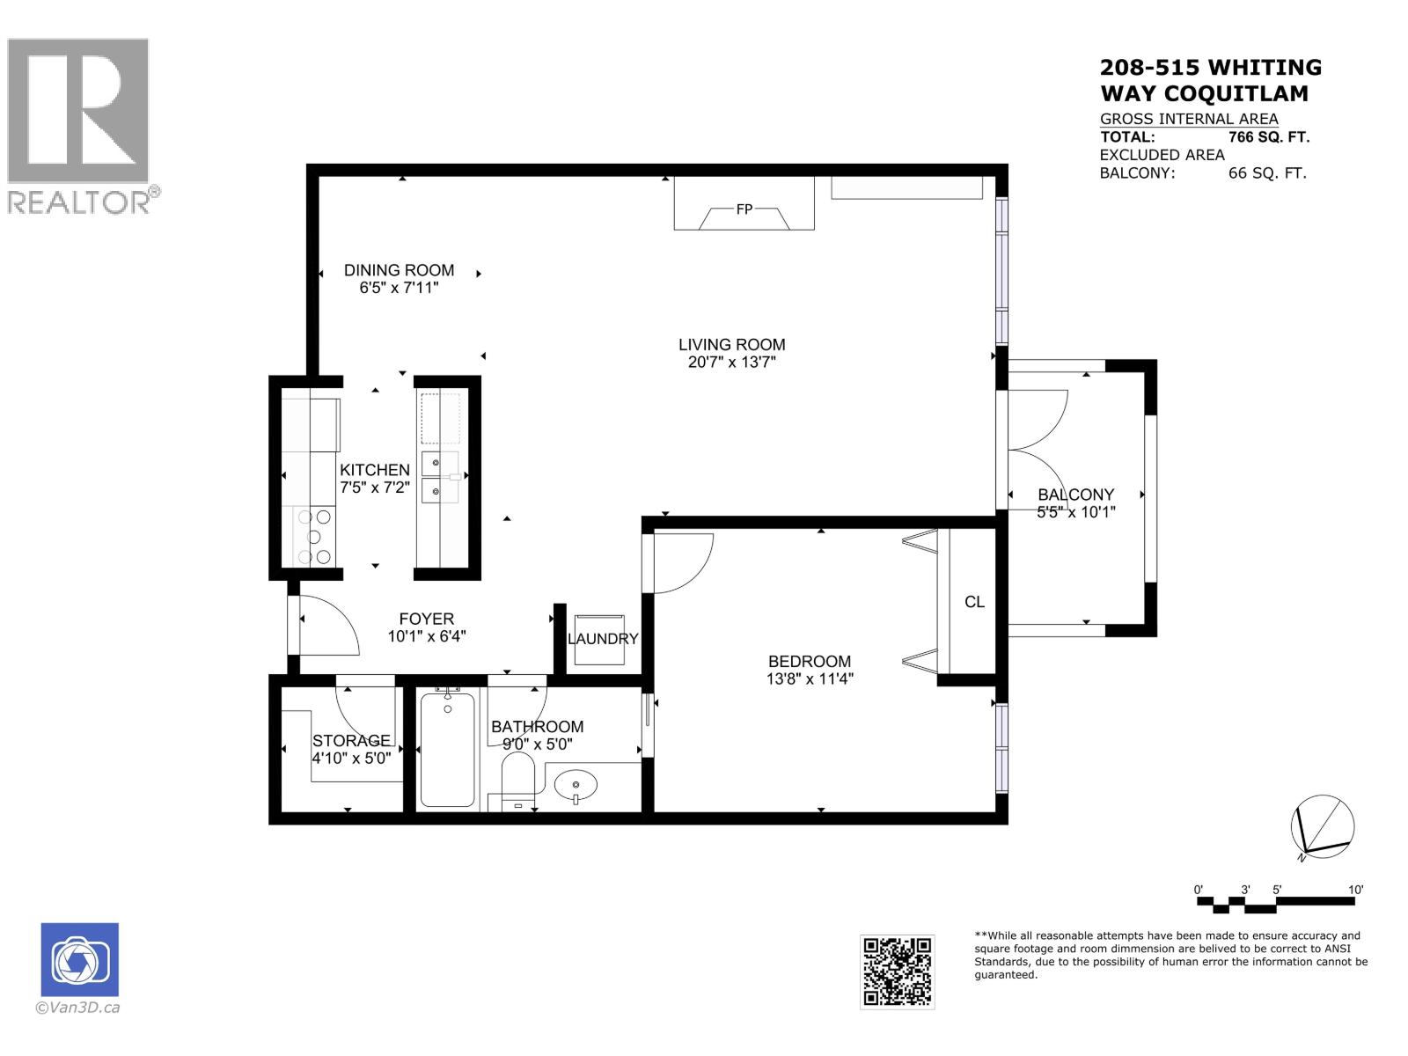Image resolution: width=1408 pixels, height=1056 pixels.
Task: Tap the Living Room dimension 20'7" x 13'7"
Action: [x=731, y=362]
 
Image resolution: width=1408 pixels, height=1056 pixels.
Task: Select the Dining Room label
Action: [x=399, y=270]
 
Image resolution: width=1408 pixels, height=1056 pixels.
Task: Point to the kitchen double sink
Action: [x=438, y=476]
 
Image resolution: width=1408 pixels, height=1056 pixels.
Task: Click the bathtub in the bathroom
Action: [x=447, y=750]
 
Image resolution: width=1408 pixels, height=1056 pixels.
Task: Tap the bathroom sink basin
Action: [x=576, y=782]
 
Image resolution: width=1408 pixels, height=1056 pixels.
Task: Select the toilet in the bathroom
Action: [x=517, y=783]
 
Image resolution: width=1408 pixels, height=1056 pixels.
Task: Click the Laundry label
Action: [x=602, y=639]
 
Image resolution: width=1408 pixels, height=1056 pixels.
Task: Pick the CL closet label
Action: [x=974, y=602]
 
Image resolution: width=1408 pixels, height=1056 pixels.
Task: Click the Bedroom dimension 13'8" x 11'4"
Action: [x=810, y=678]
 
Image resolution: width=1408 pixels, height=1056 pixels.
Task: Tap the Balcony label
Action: [x=1075, y=495]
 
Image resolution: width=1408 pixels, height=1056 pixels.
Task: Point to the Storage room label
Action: [x=351, y=740]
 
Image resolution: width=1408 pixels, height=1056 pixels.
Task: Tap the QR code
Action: [x=897, y=971]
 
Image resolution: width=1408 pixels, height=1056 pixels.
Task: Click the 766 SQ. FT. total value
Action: [x=1268, y=137]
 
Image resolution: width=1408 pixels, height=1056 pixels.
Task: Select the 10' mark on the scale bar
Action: [x=1355, y=890]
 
